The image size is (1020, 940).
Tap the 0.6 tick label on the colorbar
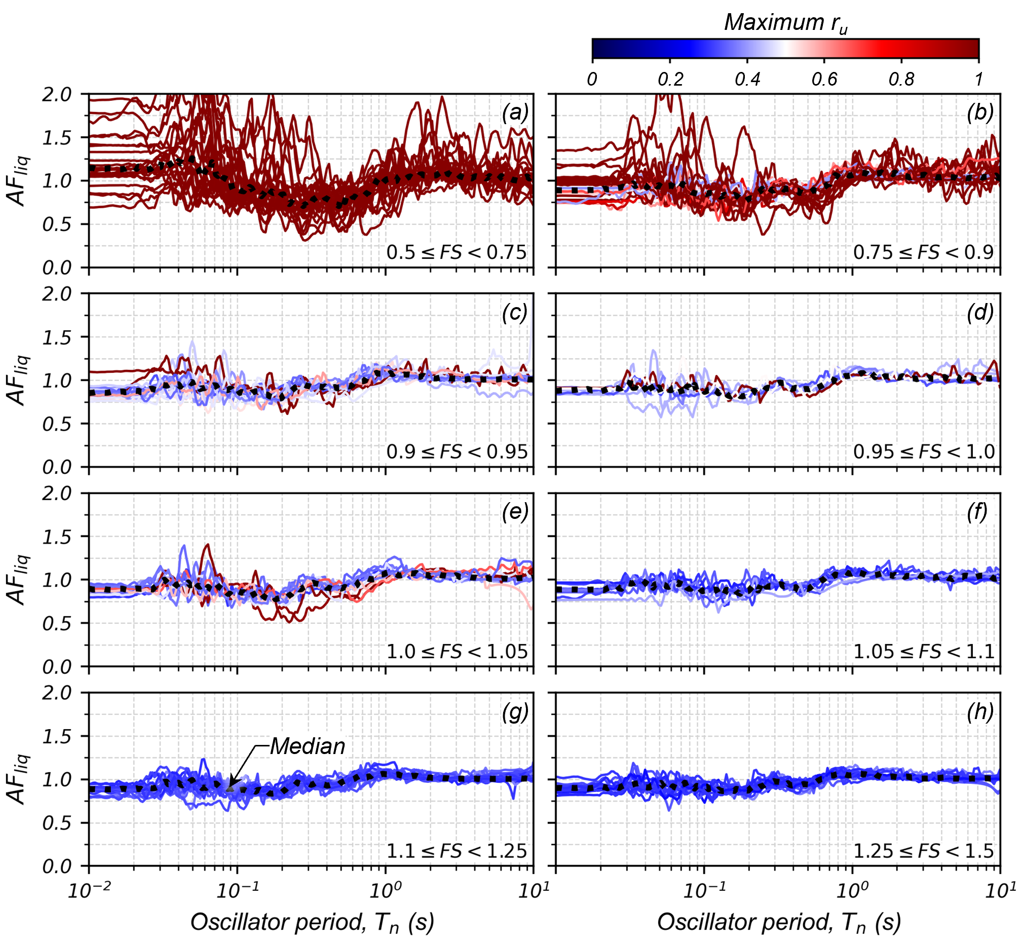tap(824, 80)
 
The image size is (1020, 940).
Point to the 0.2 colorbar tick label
tap(670, 80)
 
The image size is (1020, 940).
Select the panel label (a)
tap(515, 112)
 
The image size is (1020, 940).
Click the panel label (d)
tap(980, 312)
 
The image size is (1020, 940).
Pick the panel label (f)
tap(977, 512)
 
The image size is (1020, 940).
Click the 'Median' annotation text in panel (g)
tap(307, 746)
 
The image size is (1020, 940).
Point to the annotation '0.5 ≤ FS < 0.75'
tap(457, 252)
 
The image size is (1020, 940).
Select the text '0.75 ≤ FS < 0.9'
tap(923, 252)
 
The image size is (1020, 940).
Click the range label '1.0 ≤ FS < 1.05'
tap(457, 652)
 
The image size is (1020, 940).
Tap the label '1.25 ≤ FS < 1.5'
tap(923, 851)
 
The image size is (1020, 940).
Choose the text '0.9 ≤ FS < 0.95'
tap(457, 452)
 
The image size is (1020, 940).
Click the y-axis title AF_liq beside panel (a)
tap(18, 180)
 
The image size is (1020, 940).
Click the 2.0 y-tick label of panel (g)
tap(57, 693)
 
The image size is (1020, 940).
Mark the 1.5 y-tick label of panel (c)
tap(57, 337)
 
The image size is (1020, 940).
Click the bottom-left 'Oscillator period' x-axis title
tap(312, 922)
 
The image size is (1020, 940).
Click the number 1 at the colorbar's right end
tap(978, 80)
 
